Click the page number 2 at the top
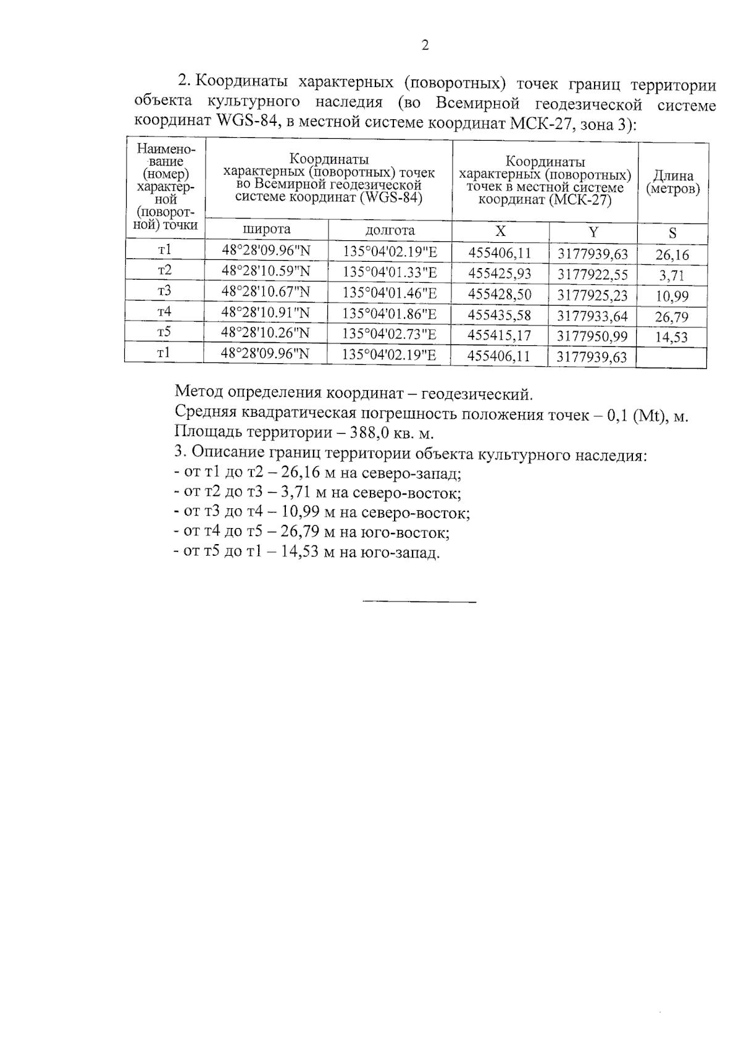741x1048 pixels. tap(425, 45)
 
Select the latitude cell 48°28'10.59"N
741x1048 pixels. tap(266, 270)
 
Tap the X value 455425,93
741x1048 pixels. tap(500, 273)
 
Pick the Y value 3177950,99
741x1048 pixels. tap(592, 336)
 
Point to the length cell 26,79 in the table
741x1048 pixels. tap(672, 317)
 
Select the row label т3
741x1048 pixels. tap(165, 291)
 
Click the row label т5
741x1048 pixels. tap(164, 332)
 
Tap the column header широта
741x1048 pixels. tap(267, 230)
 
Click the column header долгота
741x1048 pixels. tap(390, 230)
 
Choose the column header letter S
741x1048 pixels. tap(672, 233)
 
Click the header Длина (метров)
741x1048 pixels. tap(673, 183)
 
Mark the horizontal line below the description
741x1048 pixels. tap(419, 602)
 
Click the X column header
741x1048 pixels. tap(501, 231)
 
